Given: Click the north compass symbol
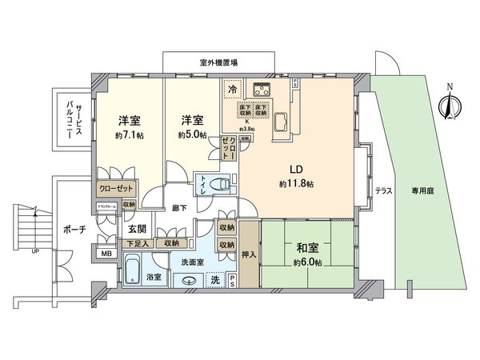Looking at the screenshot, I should (x=448, y=102).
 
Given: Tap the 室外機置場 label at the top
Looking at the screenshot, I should (x=212, y=62).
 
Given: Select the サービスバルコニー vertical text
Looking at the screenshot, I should (x=71, y=122).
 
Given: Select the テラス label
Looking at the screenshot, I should (x=384, y=191).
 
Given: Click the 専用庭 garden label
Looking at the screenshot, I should (x=424, y=191).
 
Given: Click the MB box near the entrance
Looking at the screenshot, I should (x=106, y=254).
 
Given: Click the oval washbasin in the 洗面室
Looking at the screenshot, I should (x=190, y=281).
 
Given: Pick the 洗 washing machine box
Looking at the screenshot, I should (x=214, y=279).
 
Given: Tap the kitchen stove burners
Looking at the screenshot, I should (x=262, y=90).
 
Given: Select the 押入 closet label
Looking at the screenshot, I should (x=249, y=255).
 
